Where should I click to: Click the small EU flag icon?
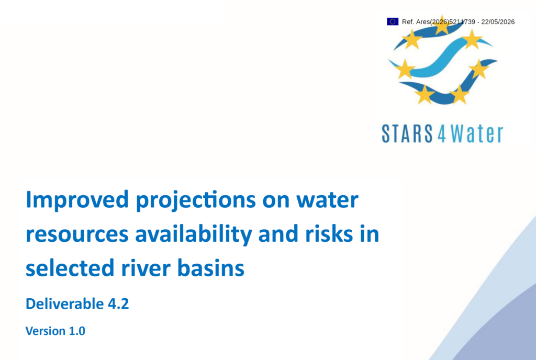(393, 21)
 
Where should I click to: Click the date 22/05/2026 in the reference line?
(498, 22)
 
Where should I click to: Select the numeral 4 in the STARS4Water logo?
(442, 134)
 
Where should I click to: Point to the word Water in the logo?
(477, 133)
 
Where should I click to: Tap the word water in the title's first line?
(327, 200)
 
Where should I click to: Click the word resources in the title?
(77, 235)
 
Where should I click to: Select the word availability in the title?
(194, 234)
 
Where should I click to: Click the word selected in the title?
(70, 268)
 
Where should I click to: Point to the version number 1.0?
(77, 331)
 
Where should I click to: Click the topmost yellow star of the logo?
(442, 26)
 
